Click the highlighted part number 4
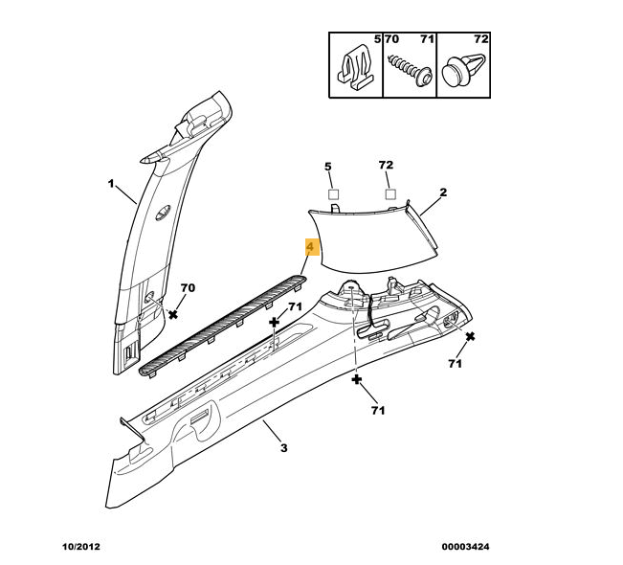310,248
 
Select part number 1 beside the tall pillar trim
110,184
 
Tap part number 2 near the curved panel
443,192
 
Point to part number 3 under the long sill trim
283,448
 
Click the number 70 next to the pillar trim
188,288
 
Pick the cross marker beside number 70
173,313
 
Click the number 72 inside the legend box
480,39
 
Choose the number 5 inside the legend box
377,39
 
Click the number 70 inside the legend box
392,39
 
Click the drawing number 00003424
466,548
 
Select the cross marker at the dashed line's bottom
357,380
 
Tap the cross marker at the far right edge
470,336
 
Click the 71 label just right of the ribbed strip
295,307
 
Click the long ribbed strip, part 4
220,324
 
